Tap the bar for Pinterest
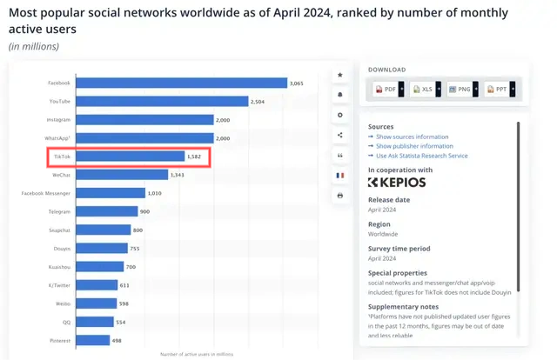coord(92,340)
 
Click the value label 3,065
coord(298,83)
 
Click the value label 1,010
coord(155,193)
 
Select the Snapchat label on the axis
coord(60,230)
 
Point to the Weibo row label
coord(62,303)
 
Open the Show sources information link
coord(413,137)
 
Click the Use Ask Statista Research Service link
coord(421,156)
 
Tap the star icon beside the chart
coord(340,76)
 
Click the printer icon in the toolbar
coord(340,196)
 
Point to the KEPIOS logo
coord(397,183)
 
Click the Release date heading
coord(389,200)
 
